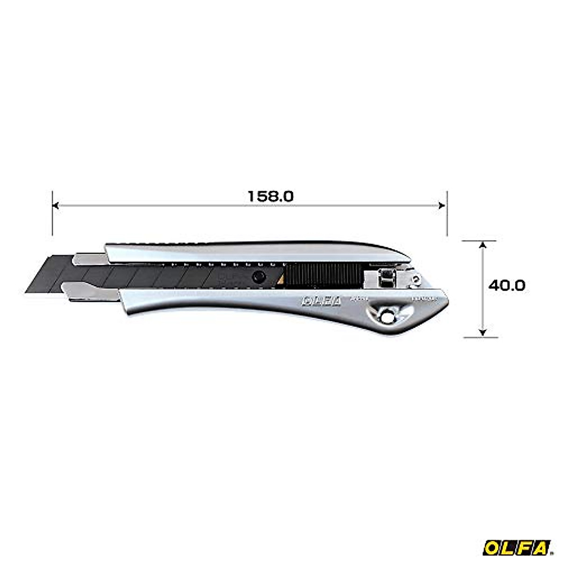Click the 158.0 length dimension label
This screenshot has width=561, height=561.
(x=270, y=196)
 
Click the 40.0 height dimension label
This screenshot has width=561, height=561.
(x=507, y=285)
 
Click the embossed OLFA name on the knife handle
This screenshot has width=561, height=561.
(x=322, y=302)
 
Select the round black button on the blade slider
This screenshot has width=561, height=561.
(x=257, y=276)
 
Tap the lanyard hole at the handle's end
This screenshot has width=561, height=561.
(x=386, y=317)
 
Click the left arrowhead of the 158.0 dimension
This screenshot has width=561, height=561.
(x=56, y=205)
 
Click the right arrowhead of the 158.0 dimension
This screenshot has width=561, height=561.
(x=442, y=205)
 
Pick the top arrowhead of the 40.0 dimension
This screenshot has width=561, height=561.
(x=482, y=245)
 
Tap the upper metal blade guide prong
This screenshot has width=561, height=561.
(x=89, y=258)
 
